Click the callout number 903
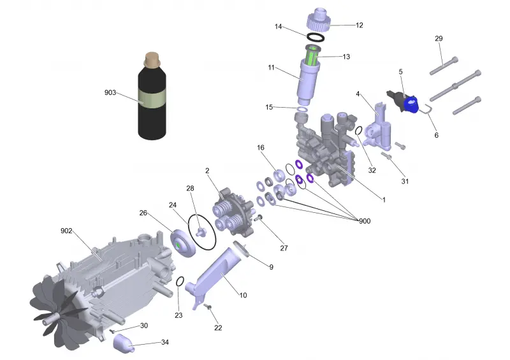click(x=110, y=92)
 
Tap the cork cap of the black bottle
click(x=152, y=59)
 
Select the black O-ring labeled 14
click(x=316, y=38)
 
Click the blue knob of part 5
click(x=411, y=104)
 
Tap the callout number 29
click(x=439, y=38)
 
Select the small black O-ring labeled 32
click(x=358, y=131)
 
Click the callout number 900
click(x=365, y=221)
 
